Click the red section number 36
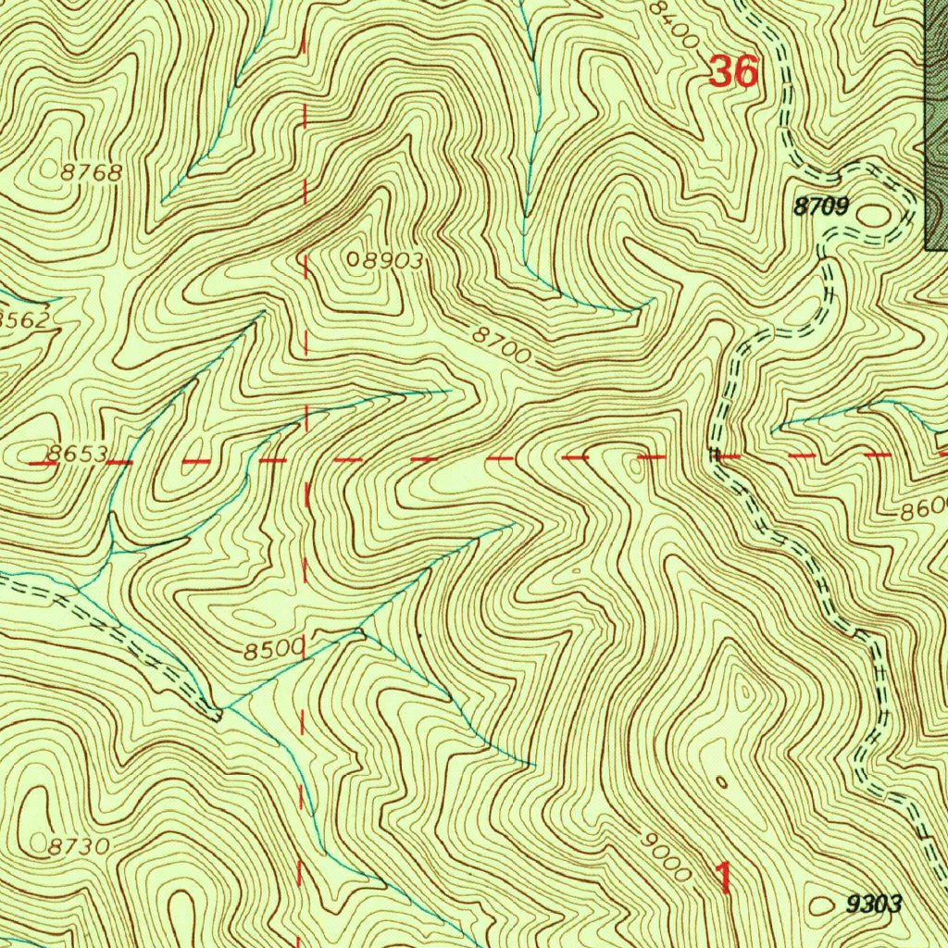[733, 71]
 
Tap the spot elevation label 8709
[821, 207]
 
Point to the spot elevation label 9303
[873, 904]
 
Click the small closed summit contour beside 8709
[873, 216]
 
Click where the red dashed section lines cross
[306, 459]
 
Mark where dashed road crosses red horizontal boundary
[715, 455]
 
